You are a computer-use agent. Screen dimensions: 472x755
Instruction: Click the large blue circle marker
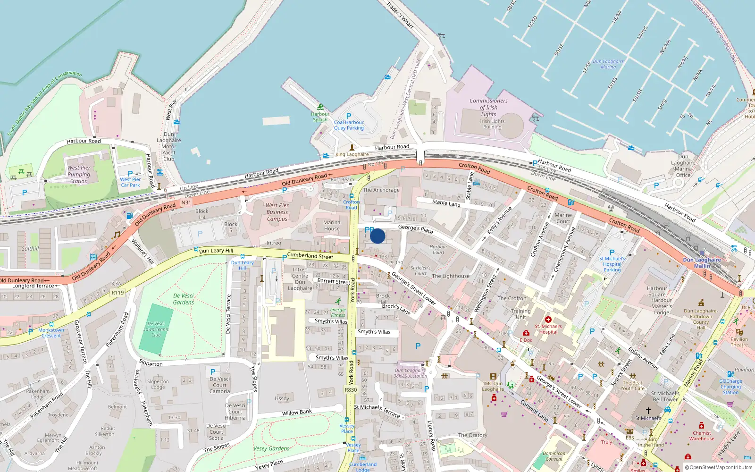click(x=377, y=236)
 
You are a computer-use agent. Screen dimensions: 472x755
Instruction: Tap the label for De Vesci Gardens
click(x=184, y=299)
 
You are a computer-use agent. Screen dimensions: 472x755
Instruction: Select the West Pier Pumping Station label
click(x=79, y=174)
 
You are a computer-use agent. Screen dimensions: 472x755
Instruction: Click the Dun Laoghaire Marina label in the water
click(x=608, y=64)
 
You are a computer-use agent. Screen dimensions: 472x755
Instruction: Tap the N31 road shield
click(x=186, y=202)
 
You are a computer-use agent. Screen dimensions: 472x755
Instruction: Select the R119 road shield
click(x=117, y=293)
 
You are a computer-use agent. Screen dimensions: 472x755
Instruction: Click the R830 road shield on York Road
click(x=351, y=390)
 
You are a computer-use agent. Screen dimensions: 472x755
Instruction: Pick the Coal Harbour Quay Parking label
click(x=349, y=125)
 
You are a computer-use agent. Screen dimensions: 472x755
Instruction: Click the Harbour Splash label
click(x=320, y=117)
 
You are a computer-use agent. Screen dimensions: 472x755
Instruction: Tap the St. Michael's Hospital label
click(x=548, y=329)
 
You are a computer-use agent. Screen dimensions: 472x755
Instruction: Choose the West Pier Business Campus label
click(x=277, y=212)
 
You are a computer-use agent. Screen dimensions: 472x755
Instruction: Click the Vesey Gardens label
click(x=271, y=448)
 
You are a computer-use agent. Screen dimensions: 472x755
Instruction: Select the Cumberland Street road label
click(x=310, y=256)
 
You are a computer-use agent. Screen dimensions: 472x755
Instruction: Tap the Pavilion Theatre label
click(x=739, y=342)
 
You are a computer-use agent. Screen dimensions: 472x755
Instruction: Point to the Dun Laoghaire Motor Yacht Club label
click(x=168, y=146)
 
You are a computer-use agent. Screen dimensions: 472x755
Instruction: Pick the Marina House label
click(x=332, y=226)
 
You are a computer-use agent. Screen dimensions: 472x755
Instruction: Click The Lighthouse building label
click(x=451, y=276)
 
